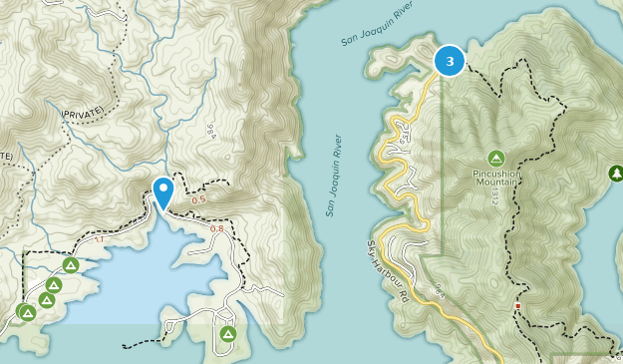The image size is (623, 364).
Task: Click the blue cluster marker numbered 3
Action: point(450,61)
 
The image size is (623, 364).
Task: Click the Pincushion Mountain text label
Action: point(495,178)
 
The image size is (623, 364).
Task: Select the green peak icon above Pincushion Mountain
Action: point(495,159)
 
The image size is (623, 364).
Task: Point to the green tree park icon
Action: point(615,175)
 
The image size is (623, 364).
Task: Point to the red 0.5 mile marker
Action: point(199,199)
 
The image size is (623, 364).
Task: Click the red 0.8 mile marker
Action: point(216,229)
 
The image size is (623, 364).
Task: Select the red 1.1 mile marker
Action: point(97,240)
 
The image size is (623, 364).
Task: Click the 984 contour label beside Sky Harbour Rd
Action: point(440,290)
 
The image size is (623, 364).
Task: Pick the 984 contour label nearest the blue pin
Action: point(211,133)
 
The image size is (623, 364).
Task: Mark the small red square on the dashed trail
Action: point(517,306)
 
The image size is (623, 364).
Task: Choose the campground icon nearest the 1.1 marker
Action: point(71,264)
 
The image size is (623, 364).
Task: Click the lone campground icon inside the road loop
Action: point(228,334)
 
